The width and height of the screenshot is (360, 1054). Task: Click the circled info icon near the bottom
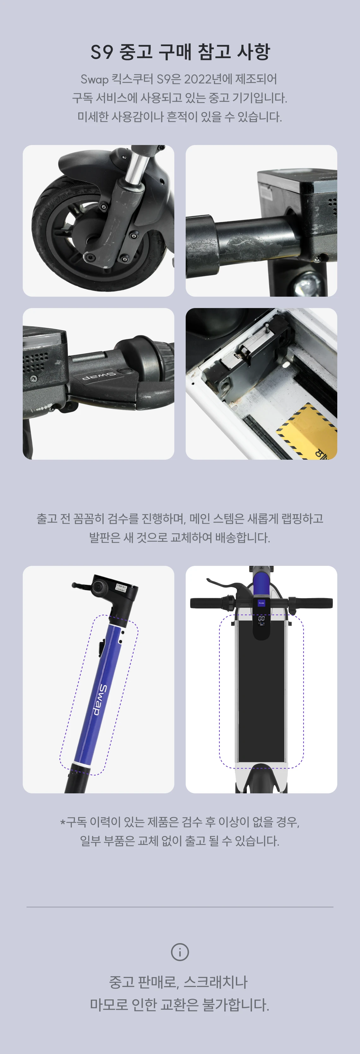pos(180,952)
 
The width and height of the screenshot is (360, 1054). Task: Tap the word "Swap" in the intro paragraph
pos(94,79)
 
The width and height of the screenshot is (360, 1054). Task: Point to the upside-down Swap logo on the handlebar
pos(99,376)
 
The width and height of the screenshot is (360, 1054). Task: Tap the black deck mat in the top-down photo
pos(261,696)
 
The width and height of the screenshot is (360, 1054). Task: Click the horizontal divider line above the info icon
pos(180,907)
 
